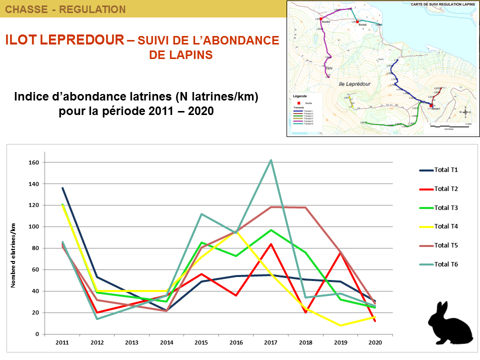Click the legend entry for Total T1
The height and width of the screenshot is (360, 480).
446,170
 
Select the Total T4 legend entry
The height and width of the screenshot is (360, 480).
446,226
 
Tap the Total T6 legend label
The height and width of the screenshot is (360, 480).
446,264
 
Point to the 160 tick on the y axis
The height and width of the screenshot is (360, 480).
34,162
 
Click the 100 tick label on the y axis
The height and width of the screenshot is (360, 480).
34,227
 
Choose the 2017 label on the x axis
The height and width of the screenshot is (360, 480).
271,343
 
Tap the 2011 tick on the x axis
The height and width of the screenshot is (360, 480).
62,343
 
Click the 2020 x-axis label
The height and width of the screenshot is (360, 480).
375,343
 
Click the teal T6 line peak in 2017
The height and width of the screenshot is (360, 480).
271,160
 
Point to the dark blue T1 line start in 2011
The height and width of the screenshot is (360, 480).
62,188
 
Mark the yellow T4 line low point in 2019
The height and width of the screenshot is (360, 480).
340,325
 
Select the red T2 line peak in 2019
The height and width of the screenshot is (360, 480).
340,252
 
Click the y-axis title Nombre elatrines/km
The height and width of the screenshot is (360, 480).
14,255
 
